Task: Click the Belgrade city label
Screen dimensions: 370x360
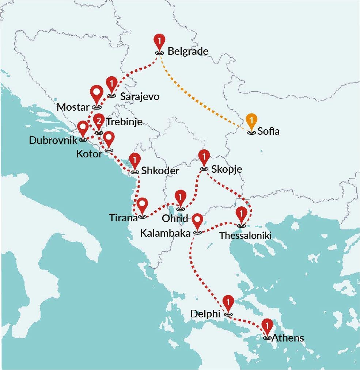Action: point(188,51)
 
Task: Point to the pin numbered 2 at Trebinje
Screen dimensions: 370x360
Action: point(98,121)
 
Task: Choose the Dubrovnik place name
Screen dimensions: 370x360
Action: point(53,140)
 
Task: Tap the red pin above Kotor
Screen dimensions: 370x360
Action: point(109,139)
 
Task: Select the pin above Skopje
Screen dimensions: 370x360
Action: point(204,157)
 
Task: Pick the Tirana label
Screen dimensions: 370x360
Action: point(123,218)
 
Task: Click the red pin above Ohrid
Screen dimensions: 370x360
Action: point(180,197)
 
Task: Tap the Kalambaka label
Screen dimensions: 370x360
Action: point(165,233)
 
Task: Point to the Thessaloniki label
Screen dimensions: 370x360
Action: point(245,236)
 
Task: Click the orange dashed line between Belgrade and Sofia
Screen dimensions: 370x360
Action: point(205,92)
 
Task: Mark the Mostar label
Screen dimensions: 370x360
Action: point(73,107)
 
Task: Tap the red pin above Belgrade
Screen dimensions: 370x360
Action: point(159,41)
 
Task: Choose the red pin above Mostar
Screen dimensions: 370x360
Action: point(96,95)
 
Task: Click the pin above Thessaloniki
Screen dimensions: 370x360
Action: point(241,214)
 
